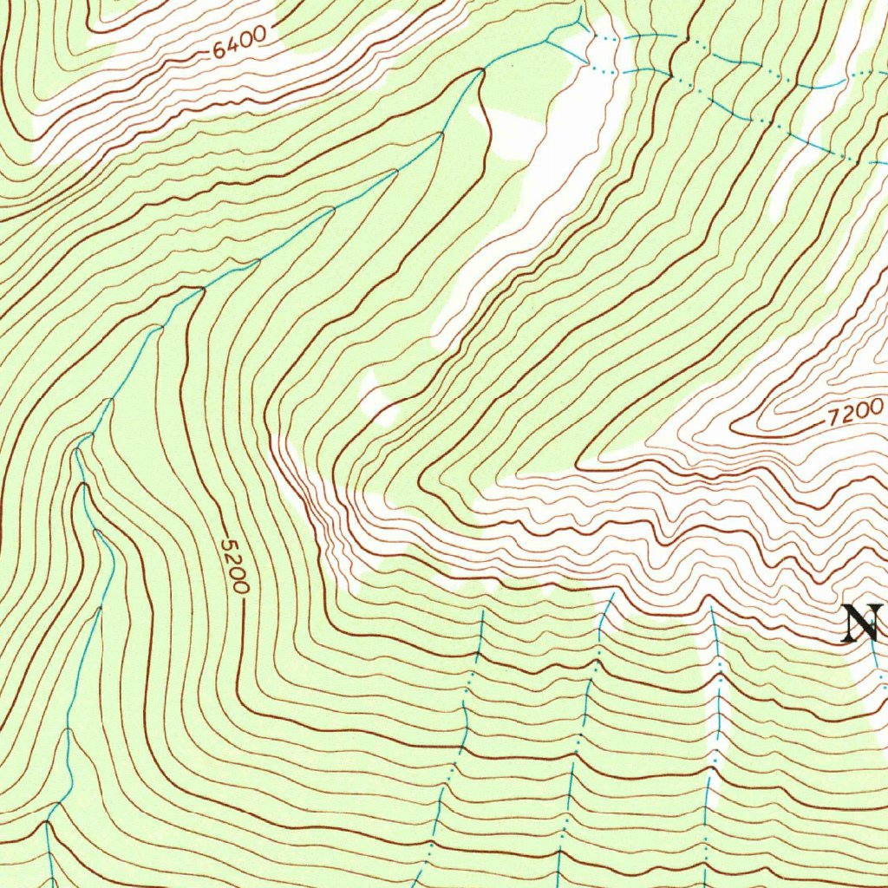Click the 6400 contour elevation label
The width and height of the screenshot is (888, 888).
point(236,47)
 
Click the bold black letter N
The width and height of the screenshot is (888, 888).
point(863,623)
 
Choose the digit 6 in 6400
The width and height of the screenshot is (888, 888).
point(218,52)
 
